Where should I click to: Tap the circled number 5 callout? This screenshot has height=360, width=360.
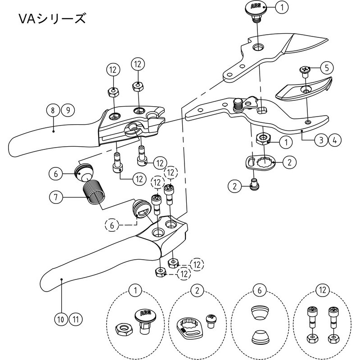pyautogui.click(x=326, y=68)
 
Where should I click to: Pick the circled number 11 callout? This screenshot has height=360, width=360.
pyautogui.click(x=76, y=319)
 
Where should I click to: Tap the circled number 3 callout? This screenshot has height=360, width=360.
pyautogui.click(x=320, y=140)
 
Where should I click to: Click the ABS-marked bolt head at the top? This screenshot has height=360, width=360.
pyautogui.click(x=255, y=8)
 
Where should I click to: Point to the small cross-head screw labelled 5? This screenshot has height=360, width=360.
pyautogui.click(x=304, y=70)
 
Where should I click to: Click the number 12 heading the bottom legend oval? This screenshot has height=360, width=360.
pyautogui.click(x=321, y=290)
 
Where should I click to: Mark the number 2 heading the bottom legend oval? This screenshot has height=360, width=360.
pyautogui.click(x=197, y=290)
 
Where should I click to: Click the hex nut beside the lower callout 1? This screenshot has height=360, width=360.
pyautogui.click(x=262, y=138)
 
